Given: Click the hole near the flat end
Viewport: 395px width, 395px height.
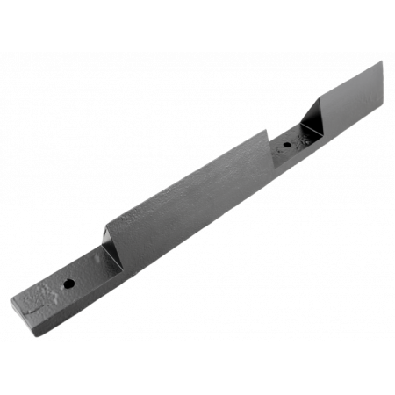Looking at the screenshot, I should pyautogui.click(x=68, y=283).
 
